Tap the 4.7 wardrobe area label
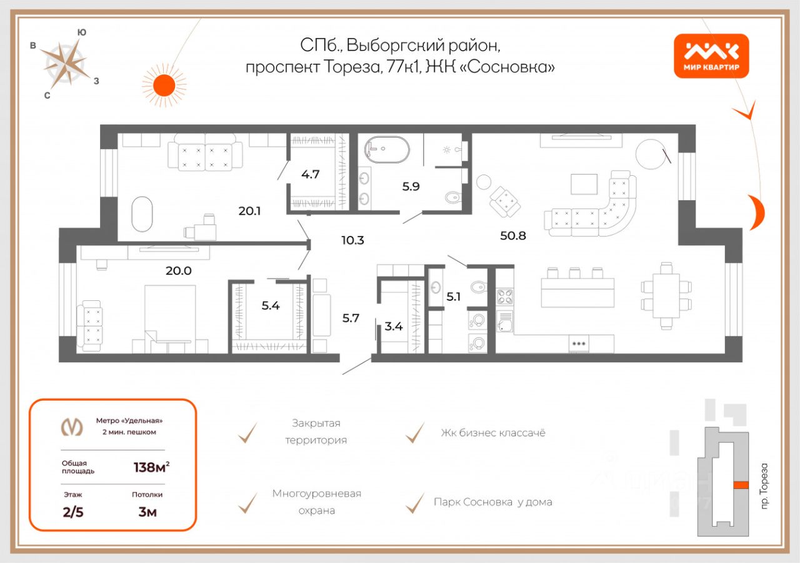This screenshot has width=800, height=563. [x=310, y=174]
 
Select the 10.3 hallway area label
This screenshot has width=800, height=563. [x=352, y=239]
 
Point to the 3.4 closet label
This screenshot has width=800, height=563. [x=394, y=325]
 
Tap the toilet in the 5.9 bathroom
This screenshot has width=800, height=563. [x=452, y=198]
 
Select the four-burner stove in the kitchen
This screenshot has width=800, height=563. [x=504, y=296]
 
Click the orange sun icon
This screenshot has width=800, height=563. [x=164, y=85]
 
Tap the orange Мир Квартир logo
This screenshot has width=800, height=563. [x=711, y=56]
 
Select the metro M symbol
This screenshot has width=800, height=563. [x=71, y=426]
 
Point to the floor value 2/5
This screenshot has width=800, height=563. [x=72, y=513]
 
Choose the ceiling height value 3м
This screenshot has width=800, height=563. [x=147, y=513]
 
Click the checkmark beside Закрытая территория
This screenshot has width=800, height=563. [x=248, y=432]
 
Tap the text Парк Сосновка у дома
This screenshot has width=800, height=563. [x=492, y=502]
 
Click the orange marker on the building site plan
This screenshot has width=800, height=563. [x=741, y=484]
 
